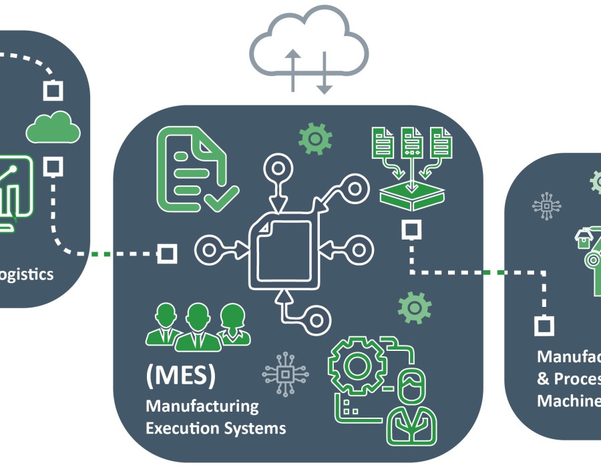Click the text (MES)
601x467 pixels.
point(180,376)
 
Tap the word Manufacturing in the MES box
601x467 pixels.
point(202,406)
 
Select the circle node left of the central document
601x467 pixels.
point(209,252)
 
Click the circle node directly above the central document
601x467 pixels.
point(277,167)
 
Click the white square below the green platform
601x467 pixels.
point(411,230)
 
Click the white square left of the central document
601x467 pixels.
point(166,253)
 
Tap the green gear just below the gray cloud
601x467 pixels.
point(315,138)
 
